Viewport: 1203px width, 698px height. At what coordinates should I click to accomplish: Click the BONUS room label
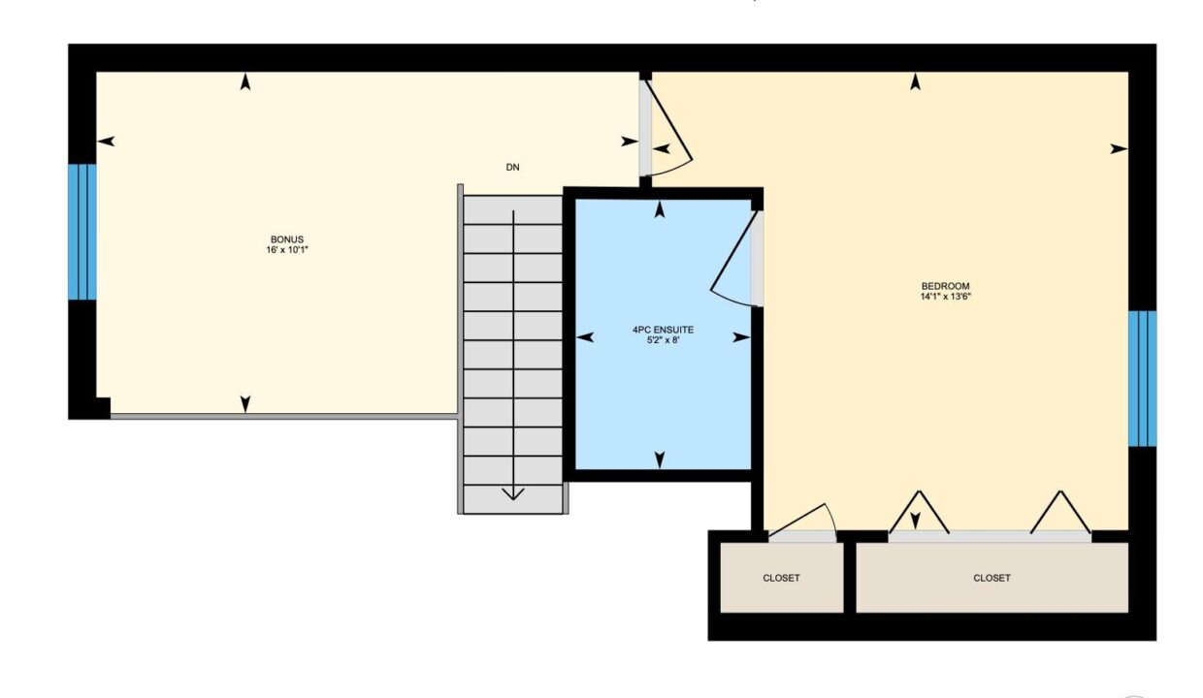287,239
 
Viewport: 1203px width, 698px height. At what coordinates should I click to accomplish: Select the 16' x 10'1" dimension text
287,249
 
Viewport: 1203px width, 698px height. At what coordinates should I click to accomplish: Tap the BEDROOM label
945,286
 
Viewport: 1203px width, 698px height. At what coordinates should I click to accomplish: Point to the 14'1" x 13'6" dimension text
945,296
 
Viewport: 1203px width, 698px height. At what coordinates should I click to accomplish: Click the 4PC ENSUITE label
663,330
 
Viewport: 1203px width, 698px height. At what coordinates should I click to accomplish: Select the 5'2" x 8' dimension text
664,339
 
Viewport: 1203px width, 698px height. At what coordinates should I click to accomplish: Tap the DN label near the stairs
512,168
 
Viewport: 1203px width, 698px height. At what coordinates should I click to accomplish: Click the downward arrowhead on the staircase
513,493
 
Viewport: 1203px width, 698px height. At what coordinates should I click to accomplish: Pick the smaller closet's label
781,578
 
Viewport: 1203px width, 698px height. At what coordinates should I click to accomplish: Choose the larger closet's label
992,578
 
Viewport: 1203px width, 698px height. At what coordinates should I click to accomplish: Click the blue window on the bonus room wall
82,232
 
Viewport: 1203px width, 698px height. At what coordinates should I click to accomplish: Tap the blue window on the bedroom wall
1142,379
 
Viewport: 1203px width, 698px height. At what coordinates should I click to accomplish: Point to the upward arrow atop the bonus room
245,81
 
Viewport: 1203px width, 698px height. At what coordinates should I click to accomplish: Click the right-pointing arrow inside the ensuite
741,337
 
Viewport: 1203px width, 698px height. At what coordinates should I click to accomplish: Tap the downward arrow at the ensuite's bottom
660,460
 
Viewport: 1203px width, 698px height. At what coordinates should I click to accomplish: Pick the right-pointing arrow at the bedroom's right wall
1119,149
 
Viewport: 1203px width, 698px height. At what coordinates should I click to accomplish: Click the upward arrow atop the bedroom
916,81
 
